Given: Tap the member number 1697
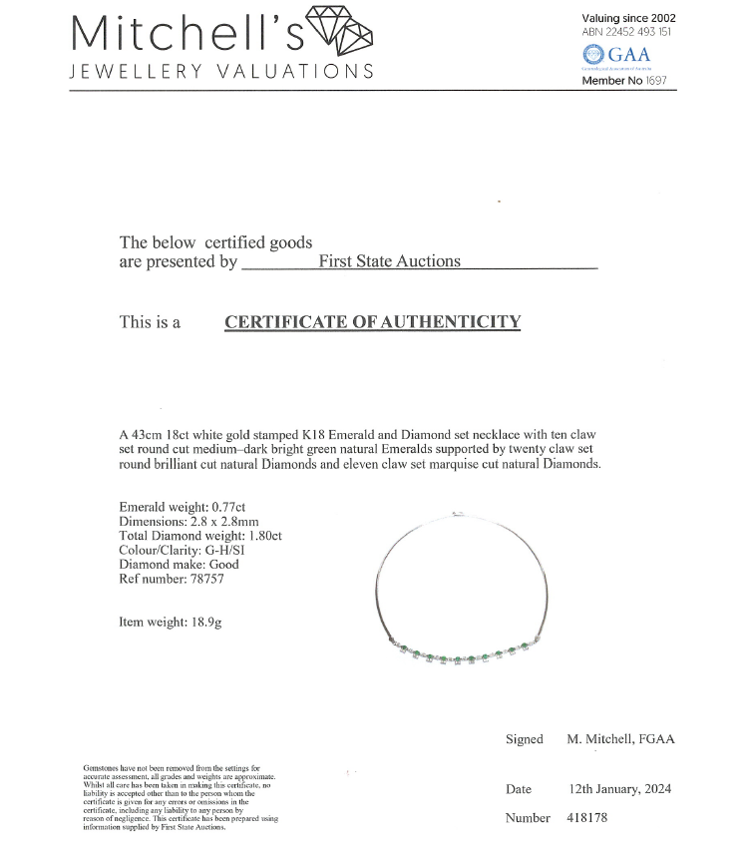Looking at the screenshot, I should pos(656,81).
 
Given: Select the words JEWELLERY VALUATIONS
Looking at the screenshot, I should pos(221,71).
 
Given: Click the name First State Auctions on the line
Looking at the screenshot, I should pos(389,261).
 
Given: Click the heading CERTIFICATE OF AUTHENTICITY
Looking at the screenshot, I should pos(372,322).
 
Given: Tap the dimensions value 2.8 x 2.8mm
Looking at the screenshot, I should pos(242,521).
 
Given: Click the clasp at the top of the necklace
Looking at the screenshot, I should pos(457,514).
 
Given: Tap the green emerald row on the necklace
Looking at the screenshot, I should pos(469,655).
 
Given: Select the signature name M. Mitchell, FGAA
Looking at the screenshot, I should pos(620,739).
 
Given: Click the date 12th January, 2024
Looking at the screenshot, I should pos(619,789).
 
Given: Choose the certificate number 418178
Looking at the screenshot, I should pos(587,818).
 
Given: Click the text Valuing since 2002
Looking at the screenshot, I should pos(628,18).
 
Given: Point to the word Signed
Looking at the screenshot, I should pos(525,739).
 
